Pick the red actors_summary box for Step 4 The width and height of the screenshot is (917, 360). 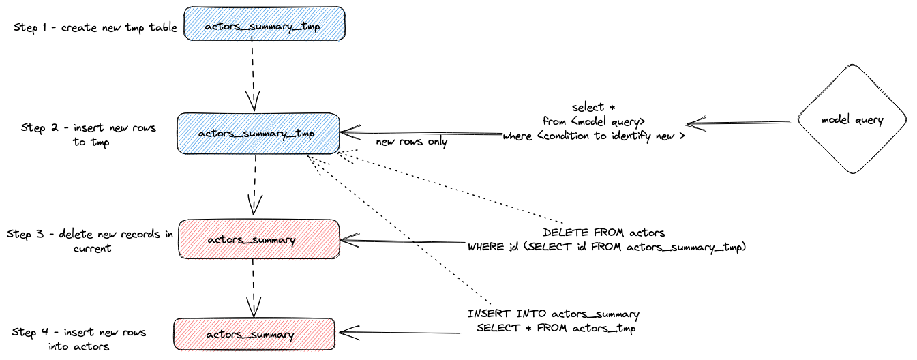pos(254,334)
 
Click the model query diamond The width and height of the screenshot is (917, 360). pos(852,121)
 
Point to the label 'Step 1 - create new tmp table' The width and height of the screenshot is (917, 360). pos(95,27)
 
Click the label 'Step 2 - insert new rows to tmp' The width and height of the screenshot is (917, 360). pos(89,135)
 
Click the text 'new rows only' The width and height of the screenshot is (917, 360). pos(411,142)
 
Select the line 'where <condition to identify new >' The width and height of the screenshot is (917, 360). pos(592,136)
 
